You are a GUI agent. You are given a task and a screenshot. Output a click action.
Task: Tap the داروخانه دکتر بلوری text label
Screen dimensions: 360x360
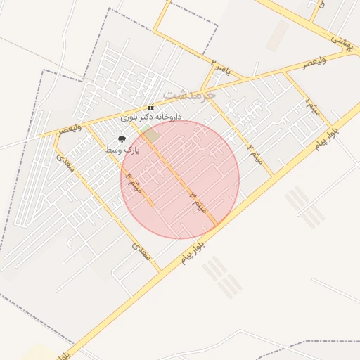coord(151,116)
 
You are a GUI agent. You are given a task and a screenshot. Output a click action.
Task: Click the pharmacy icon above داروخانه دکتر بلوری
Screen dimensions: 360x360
coord(150,107)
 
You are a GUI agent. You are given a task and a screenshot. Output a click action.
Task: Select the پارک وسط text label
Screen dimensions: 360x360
coord(123,150)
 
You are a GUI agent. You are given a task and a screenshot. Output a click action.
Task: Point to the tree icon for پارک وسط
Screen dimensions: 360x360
coord(122,140)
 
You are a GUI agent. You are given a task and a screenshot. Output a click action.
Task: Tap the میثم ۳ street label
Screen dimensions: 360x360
coord(198,202)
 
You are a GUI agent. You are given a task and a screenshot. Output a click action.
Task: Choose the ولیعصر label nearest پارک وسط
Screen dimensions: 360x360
coord(71,129)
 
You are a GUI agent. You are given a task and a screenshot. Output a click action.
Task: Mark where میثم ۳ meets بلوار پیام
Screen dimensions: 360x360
coord(217,226)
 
